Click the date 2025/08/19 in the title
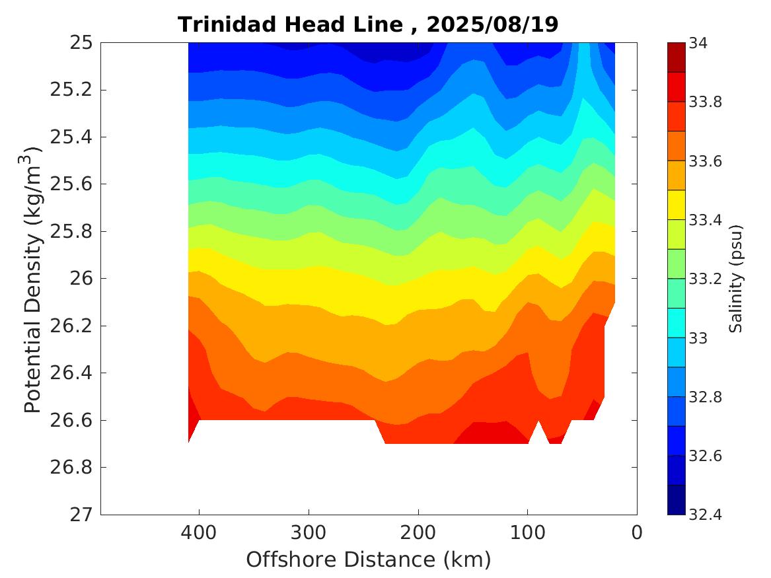click(x=492, y=25)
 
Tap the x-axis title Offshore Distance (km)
click(x=369, y=560)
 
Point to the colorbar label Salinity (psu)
click(x=737, y=279)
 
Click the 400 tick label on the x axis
click(x=199, y=532)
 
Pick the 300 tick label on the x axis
click(x=309, y=532)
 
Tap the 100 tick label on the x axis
click(x=527, y=532)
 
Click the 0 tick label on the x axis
click(x=637, y=532)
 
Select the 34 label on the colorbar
click(x=698, y=44)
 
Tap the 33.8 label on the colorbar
click(x=704, y=102)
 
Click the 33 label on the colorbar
click(x=698, y=338)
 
